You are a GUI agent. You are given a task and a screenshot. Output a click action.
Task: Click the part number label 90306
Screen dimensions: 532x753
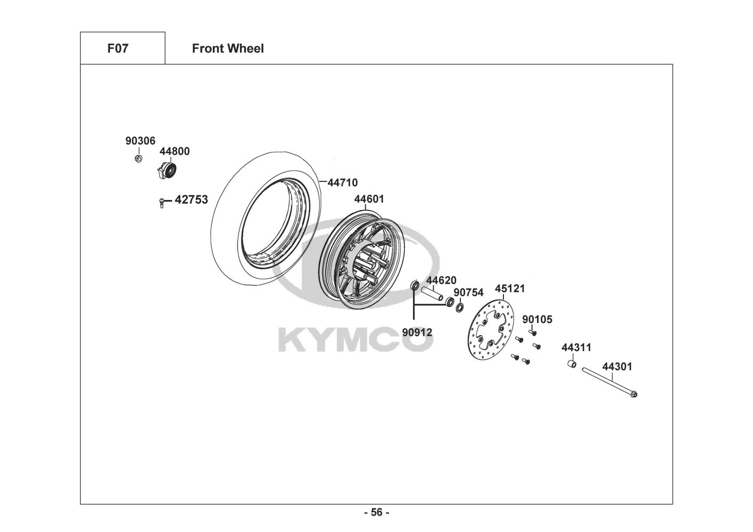coord(140,141)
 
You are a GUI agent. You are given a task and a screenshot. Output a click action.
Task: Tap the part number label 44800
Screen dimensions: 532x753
coord(175,152)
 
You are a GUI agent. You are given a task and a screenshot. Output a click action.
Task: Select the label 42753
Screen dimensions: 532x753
coord(191,200)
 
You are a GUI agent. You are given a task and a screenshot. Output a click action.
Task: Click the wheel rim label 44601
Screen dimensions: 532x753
coord(369,199)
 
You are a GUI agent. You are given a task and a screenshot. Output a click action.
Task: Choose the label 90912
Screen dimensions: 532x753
coord(417,332)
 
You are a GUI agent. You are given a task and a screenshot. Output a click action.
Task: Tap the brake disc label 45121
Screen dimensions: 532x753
coord(510,289)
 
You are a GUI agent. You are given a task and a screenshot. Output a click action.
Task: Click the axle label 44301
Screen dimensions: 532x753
coord(617,367)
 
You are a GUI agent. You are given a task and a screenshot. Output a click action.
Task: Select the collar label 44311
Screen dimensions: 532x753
coord(576,348)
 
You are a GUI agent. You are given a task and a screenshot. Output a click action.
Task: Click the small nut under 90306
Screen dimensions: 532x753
coord(138,159)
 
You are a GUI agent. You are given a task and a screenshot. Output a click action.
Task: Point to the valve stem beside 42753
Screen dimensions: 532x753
coord(161,202)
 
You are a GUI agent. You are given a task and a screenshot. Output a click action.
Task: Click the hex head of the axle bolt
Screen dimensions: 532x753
coord(633,394)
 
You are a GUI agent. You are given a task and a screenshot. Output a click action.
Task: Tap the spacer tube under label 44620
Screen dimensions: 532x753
coord(432,294)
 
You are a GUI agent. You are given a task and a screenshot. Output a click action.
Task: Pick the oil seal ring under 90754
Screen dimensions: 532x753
coord(459,307)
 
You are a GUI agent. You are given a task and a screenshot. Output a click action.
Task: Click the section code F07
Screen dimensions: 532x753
coord(118,48)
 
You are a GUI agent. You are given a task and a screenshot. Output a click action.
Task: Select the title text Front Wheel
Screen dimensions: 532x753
coord(228,48)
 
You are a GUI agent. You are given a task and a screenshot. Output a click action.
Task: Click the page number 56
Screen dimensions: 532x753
coord(376,513)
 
